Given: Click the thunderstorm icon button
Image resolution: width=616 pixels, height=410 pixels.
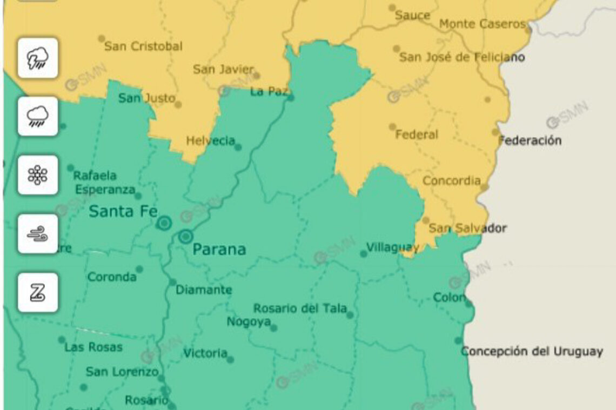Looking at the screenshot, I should pyautogui.click(x=38, y=58).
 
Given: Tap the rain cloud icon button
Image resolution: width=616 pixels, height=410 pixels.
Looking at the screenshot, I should pyautogui.click(x=38, y=116).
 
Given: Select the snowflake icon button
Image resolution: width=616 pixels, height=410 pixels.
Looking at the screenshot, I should pyautogui.click(x=38, y=175).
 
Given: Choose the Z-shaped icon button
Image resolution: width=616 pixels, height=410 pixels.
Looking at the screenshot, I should pyautogui.click(x=38, y=292).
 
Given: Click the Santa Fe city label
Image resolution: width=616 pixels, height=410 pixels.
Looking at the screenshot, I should pyautogui.click(x=123, y=211).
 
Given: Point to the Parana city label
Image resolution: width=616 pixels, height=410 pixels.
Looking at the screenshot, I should pyautogui.click(x=219, y=249).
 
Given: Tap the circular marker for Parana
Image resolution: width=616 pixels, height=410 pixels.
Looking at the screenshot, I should pyautogui.click(x=186, y=237).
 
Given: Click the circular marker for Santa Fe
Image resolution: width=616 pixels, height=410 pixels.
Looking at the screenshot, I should pyautogui.click(x=164, y=223).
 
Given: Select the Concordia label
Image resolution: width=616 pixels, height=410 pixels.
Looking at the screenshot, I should pyautogui.click(x=451, y=180).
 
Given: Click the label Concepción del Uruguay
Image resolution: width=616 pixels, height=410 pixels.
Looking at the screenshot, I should pyautogui.click(x=532, y=351).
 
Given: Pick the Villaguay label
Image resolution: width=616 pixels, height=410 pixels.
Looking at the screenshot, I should pyautogui.click(x=392, y=247).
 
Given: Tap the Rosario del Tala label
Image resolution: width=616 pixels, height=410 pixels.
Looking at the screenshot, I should pyautogui.click(x=300, y=308).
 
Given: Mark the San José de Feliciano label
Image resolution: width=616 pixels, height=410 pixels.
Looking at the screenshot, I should pyautogui.click(x=461, y=57).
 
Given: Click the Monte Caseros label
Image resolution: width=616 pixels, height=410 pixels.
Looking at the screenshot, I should pyautogui.click(x=482, y=24).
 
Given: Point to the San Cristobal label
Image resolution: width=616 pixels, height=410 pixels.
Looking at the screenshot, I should pyautogui.click(x=143, y=46).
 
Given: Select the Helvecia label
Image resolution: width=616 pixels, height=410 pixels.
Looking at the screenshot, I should pyautogui.click(x=210, y=141).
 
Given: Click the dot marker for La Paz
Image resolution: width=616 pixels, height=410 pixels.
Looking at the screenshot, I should pyautogui.click(x=290, y=98).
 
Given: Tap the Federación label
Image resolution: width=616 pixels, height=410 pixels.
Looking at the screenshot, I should pyautogui.click(x=530, y=140).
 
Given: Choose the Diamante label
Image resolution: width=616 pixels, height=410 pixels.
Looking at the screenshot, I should pyautogui.click(x=204, y=290).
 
